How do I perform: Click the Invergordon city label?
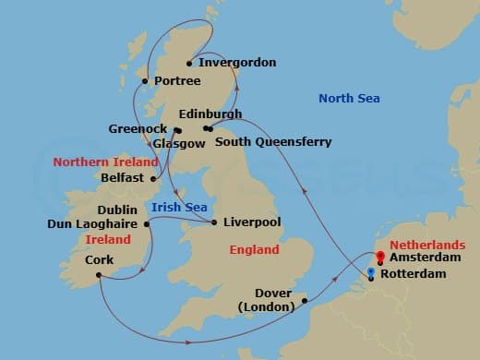237,63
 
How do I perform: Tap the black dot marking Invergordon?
189,64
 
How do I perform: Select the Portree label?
177,81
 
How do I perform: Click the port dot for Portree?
144,81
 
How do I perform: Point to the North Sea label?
350,99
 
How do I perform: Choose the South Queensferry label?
272,142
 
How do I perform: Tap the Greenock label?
138,129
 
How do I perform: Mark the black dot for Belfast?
153,177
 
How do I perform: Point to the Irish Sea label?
179,207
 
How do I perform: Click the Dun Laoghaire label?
91,223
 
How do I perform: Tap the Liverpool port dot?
214,222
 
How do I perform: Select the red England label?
255,249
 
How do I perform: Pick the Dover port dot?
305,300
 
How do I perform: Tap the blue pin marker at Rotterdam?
371,272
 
